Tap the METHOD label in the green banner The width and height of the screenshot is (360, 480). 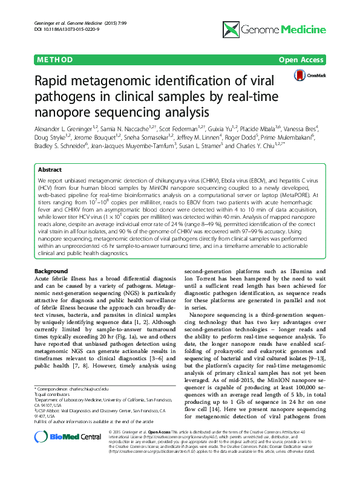coord(55,59)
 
